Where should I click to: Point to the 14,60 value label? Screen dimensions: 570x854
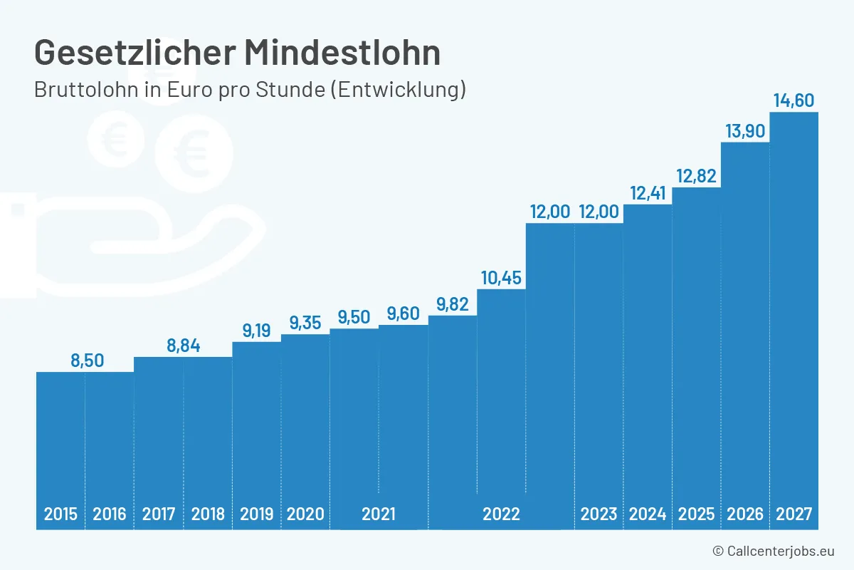(x=794, y=100)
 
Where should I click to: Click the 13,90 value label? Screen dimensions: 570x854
(x=745, y=131)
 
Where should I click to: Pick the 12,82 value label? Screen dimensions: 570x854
(x=696, y=176)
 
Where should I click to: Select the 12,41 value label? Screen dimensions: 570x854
(x=648, y=192)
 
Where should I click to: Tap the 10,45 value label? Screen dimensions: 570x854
(x=501, y=278)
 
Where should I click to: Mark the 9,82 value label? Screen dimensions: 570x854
(x=453, y=304)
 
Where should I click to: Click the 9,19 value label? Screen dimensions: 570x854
(x=257, y=331)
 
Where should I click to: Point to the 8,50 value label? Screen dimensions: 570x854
(x=87, y=361)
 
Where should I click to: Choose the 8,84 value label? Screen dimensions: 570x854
(x=184, y=346)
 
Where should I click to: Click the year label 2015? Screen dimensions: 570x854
(x=60, y=514)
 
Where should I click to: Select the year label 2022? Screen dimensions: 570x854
(x=501, y=514)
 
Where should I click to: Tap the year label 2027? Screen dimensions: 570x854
(x=794, y=514)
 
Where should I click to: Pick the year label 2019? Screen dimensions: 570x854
(x=257, y=514)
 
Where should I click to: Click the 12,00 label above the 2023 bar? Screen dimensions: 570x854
(x=599, y=212)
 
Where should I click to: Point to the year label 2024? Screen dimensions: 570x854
(x=648, y=514)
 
